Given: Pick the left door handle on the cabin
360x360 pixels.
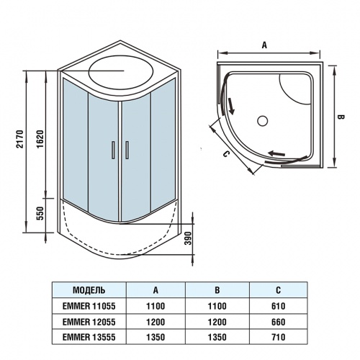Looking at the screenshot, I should [x=113, y=150].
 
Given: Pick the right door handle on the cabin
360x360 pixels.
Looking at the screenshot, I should [x=126, y=150].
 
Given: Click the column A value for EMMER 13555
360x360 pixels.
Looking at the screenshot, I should [x=156, y=336].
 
